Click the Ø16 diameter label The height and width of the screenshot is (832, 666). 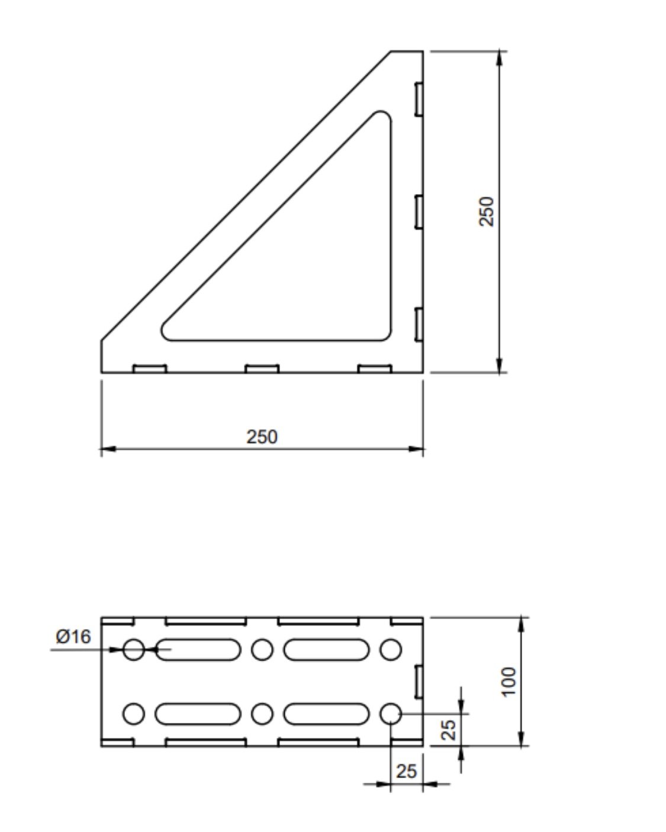coord(73,637)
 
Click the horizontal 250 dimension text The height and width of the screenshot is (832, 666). coord(262,437)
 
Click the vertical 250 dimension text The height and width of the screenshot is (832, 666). coord(486,211)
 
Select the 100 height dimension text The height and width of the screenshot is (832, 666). coord(508,682)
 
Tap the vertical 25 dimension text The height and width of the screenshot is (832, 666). coord(450,729)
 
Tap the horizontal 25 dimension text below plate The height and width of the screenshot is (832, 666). coord(406,771)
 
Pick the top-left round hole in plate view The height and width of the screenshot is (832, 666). coord(134,649)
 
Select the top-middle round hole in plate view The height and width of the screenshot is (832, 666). coord(262,649)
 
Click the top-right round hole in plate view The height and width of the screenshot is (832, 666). coord(390,649)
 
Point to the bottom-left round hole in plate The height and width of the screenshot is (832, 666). coord(134,714)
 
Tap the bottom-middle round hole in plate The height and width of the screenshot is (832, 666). coord(262,714)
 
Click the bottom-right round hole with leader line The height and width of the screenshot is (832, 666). coord(390,714)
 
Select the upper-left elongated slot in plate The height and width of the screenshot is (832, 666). coord(198,649)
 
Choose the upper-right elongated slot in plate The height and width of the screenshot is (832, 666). coord(326,649)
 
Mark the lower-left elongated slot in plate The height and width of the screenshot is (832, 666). coord(198,714)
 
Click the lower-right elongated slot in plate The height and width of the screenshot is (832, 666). coord(326,714)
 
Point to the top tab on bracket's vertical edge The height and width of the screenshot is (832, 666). coord(418,98)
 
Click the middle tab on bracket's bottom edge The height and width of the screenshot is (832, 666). coord(262,369)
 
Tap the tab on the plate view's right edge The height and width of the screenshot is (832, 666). coord(418,681)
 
